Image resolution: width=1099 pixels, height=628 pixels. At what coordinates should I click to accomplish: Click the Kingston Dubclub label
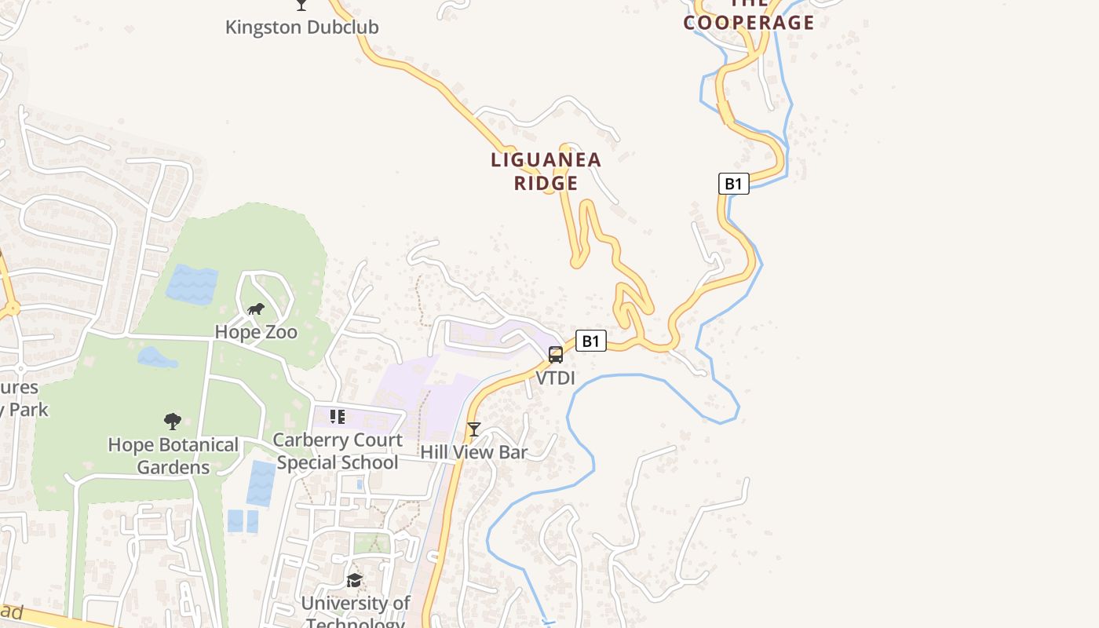click(301, 27)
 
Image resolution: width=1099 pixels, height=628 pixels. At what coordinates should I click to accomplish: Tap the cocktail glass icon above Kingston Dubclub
click(301, 5)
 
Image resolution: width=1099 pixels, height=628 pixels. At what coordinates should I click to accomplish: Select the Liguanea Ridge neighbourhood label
click(546, 171)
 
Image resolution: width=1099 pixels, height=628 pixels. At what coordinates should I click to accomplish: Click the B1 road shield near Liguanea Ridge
click(733, 184)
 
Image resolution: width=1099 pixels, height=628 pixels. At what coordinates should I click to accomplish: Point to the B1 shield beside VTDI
click(590, 341)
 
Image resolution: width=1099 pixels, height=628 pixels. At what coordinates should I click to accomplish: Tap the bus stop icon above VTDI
click(556, 355)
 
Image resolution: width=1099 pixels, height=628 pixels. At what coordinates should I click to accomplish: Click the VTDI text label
click(556, 378)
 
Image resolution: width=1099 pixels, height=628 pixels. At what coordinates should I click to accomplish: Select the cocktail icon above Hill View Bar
click(473, 429)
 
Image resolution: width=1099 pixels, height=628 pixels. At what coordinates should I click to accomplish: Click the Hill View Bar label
click(473, 452)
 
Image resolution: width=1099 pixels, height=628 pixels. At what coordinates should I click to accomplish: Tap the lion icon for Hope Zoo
click(256, 309)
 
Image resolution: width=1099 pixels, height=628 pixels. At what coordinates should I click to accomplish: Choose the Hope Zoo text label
click(256, 332)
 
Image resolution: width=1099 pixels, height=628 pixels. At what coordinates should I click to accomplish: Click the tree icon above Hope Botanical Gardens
click(173, 422)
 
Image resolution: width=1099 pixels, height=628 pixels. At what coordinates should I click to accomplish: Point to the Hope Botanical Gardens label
click(173, 455)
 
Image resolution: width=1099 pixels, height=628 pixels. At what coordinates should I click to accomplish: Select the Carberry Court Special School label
click(338, 451)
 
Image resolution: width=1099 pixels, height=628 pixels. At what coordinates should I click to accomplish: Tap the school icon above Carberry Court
click(338, 416)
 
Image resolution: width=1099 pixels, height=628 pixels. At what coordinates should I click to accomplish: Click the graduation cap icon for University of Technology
click(355, 581)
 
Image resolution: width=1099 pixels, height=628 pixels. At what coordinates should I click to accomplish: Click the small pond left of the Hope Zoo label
click(156, 358)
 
